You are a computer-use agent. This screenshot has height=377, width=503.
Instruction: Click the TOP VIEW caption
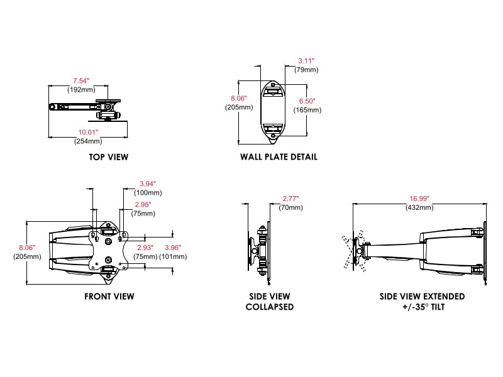108,157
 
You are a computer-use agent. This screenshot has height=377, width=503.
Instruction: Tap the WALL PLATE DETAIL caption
279,157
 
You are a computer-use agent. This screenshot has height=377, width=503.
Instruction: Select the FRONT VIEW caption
109,296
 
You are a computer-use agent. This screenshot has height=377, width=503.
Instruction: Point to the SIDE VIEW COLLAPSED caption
270,302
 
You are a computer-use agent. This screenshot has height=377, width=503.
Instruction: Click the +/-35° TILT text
423,307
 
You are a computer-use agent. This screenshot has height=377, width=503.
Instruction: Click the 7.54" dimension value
82,81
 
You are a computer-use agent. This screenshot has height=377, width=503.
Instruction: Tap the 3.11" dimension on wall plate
307,62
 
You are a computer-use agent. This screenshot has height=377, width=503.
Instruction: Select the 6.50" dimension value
307,101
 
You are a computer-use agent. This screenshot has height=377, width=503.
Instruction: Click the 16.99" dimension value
419,199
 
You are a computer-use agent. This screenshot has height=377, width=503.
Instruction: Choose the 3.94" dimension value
148,183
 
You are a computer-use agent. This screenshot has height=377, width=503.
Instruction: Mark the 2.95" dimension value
142,205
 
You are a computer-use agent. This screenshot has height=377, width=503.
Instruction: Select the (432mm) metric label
419,207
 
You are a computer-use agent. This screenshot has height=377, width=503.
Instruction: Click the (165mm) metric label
307,110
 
